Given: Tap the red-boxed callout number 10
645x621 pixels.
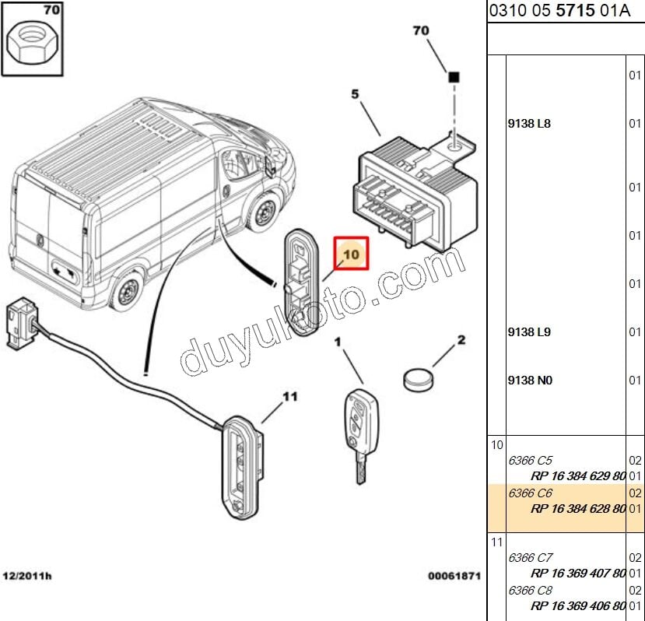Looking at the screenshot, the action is (x=352, y=254).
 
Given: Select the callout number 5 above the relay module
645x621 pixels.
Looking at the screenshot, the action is (x=355, y=94).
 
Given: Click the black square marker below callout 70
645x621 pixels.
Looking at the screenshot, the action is (x=454, y=77).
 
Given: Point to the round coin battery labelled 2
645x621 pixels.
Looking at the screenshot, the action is (x=419, y=380).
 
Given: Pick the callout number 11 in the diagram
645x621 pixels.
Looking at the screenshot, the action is (x=290, y=397).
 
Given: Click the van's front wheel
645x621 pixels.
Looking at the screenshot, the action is (x=262, y=212).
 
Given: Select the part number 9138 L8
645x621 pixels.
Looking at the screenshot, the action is (x=529, y=124).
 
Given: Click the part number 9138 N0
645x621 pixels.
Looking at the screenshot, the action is (x=530, y=381).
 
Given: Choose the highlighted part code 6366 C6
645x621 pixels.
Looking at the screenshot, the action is (x=530, y=493).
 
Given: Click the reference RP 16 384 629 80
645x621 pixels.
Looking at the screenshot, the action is (x=578, y=476).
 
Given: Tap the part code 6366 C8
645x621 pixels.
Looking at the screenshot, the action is (x=530, y=590).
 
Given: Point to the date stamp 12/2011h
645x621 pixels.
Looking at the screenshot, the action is (x=27, y=576).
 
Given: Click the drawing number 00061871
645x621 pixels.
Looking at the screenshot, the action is (x=454, y=576).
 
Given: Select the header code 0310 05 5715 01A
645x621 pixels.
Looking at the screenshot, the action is (x=559, y=11).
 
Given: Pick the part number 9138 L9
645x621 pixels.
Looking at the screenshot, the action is (x=529, y=332).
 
